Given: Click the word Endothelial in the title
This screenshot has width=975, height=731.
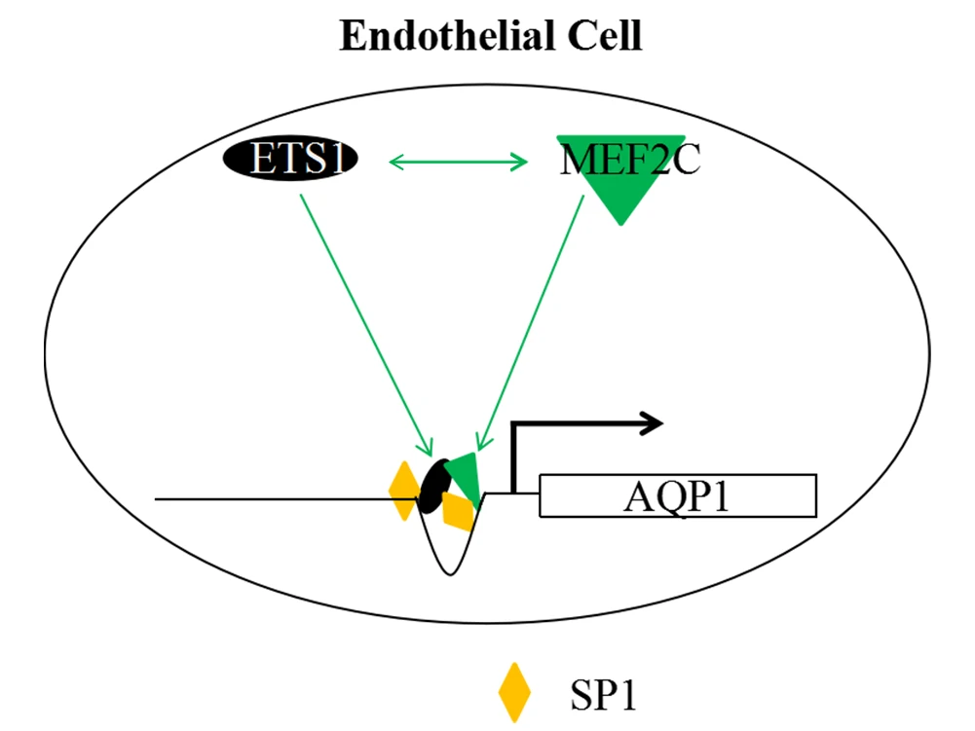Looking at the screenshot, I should (x=443, y=36).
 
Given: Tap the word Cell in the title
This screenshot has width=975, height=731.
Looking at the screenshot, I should (x=600, y=36).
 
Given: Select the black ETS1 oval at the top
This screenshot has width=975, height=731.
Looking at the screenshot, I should (x=291, y=159).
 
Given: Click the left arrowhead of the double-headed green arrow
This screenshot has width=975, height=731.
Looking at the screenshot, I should (x=395, y=162).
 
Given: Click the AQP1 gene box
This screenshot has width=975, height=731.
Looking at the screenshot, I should (x=677, y=496).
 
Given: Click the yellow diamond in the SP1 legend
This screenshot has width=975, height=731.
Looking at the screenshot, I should (x=513, y=693).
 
